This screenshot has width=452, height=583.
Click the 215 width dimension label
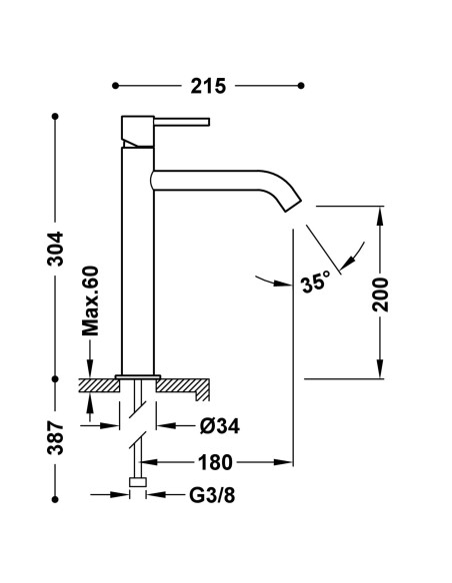click(211, 86)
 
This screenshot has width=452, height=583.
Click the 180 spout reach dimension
click(215, 462)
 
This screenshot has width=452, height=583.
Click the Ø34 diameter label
click(218, 426)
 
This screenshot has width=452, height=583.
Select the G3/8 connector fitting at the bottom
click(139, 486)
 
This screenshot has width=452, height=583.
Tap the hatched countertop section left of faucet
click(97, 382)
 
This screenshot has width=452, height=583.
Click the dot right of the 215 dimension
click(301, 86)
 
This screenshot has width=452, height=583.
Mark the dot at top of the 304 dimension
click(56, 118)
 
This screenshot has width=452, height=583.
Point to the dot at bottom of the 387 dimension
click(56, 493)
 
